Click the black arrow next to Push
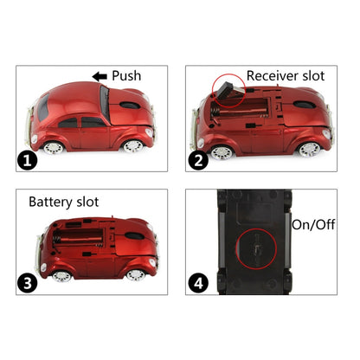click(100, 76)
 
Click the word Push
click(128, 76)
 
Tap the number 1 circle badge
click(29, 159)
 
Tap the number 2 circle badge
click(198, 159)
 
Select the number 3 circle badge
click(29, 283)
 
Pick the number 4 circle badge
click(198, 283)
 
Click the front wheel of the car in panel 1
click(131, 145)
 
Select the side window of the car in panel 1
click(90, 121)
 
